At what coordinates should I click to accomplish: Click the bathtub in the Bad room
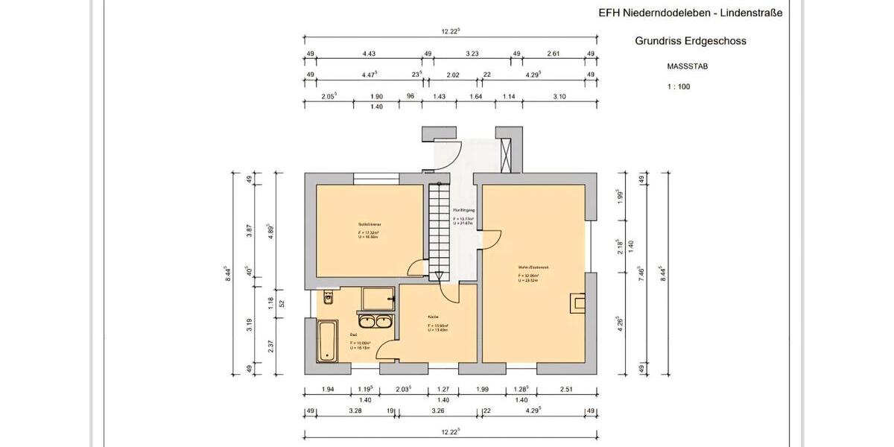(x=326, y=342)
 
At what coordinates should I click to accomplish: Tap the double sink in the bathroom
(x=375, y=322)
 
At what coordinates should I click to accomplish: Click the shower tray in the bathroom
(x=379, y=298)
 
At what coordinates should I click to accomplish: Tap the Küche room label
(x=433, y=317)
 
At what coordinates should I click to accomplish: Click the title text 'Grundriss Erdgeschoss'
(x=690, y=41)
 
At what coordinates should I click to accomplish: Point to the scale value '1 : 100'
(x=678, y=87)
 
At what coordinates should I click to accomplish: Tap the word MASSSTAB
(x=687, y=66)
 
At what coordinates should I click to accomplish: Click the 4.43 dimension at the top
(x=368, y=54)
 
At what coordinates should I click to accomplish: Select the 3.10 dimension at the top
(x=559, y=97)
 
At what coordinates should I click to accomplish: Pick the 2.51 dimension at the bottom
(x=567, y=390)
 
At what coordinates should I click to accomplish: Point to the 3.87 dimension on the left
(x=250, y=231)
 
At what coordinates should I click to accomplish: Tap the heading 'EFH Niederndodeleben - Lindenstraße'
(x=691, y=13)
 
